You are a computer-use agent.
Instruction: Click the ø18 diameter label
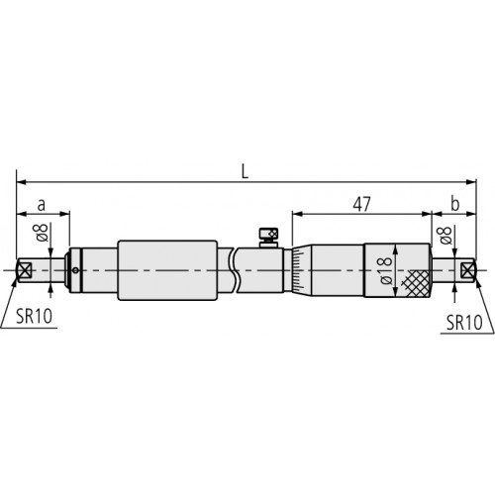[x=381, y=269]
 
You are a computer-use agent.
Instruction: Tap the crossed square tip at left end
[x=26, y=268]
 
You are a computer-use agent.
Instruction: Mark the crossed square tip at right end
[x=468, y=268]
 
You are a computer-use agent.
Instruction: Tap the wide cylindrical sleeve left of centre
[x=167, y=268]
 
